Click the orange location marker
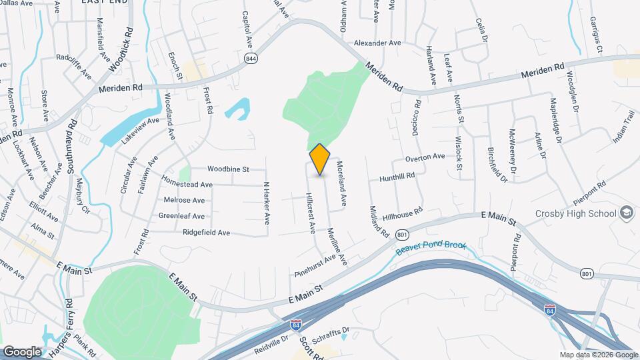[x=320, y=159]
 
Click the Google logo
[x=21, y=351]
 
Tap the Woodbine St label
[x=227, y=169]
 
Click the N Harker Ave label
[x=266, y=203]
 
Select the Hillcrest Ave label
[x=310, y=213]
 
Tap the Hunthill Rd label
[x=397, y=177]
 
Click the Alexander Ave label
[x=377, y=43]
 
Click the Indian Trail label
[x=624, y=131]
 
